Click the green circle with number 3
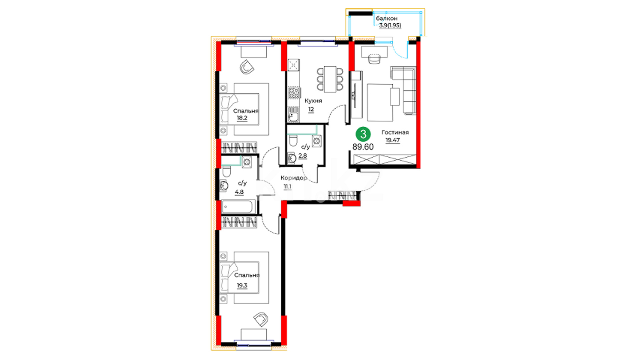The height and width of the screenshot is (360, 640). click(363, 134)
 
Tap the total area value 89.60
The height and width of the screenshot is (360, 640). click(363, 147)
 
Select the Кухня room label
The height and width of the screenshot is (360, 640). click(313, 101)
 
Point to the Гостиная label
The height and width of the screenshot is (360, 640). click(395, 132)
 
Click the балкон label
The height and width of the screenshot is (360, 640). click(387, 18)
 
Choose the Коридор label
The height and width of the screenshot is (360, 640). click(294, 178)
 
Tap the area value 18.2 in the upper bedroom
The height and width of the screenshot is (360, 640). click(242, 118)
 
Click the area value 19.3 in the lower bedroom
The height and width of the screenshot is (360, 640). click(242, 286)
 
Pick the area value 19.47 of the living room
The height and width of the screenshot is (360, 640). click(393, 140)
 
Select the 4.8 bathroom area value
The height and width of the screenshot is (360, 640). click(239, 192)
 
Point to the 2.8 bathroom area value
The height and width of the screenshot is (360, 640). click(303, 156)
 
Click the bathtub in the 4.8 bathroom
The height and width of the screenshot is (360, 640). click(238, 207)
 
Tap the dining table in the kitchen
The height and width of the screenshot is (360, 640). click(330, 79)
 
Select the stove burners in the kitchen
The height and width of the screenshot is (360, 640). click(294, 93)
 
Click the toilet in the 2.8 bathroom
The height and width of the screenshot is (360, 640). click(293, 141)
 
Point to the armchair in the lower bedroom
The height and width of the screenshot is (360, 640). click(261, 319)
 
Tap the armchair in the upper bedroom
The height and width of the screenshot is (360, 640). click(247, 67)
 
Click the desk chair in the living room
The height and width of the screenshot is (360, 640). click(374, 59)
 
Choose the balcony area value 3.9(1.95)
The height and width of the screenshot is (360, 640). click(390, 25)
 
